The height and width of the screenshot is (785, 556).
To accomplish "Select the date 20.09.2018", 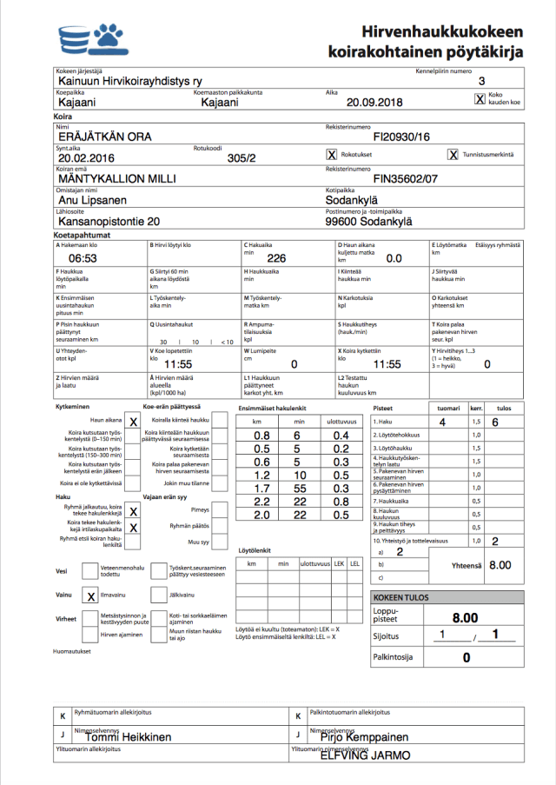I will click(374, 103).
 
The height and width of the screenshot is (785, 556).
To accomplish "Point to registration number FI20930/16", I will click(400, 136).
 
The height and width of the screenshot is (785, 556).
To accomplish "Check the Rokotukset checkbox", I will click(331, 155).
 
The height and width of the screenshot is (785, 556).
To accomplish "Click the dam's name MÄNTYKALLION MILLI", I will click(117, 178).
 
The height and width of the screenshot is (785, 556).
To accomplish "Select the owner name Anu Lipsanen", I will click(96, 200).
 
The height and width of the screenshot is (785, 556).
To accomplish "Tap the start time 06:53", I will click(83, 258).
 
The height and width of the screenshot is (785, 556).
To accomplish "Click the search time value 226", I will click(276, 258).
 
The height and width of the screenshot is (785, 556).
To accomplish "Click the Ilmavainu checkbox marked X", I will click(90, 596).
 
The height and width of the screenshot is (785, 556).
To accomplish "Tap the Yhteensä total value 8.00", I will click(500, 565).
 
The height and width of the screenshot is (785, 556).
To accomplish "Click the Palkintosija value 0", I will click(466, 657).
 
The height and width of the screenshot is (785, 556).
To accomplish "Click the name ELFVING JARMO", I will click(365, 755).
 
